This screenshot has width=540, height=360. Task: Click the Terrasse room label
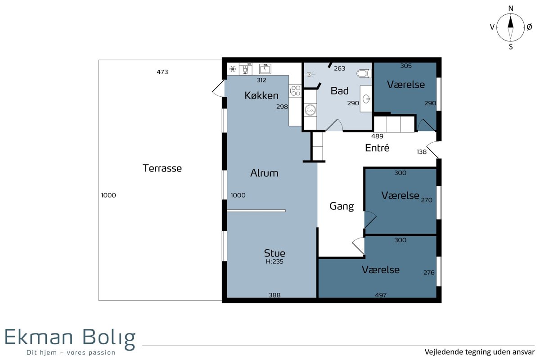tap(162, 168)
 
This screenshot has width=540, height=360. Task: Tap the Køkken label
tap(261, 95)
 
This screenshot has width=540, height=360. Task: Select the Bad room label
tap(339, 90)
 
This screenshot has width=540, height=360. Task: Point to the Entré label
tap(377, 148)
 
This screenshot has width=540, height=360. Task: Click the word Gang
tap(342, 207)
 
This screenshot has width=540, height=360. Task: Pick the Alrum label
tap(264, 173)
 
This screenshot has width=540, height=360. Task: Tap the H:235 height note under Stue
tap(274, 261)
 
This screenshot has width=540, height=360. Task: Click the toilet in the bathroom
tap(364, 73)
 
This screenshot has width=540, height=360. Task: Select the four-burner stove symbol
tap(295, 90)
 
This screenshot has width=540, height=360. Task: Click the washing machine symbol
tap(310, 110)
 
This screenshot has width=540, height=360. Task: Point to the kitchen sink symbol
tap(265, 69)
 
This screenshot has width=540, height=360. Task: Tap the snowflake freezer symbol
tap(233, 69)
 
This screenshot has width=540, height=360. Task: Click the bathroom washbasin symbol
tap(366, 99)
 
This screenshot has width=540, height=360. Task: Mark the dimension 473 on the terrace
tap(162, 72)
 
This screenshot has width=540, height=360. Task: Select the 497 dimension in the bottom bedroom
tap(381, 295)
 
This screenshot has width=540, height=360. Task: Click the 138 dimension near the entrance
tap(422, 152)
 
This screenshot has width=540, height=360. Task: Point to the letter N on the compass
tap(511, 9)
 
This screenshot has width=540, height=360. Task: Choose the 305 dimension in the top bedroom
tap(406, 66)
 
